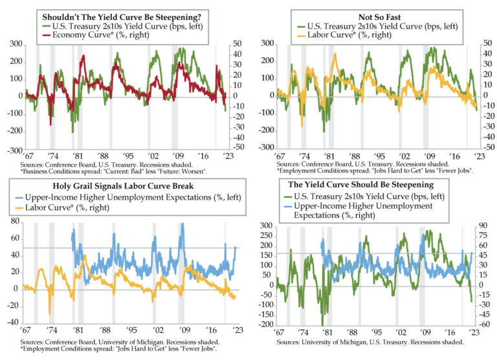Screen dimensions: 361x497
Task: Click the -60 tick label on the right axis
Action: pyautogui.click(x=483, y=324)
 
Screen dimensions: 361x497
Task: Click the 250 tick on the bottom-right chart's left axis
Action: pyautogui.click(x=263, y=236)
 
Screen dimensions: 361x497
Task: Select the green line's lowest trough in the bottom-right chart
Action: pyautogui.click(x=322, y=324)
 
